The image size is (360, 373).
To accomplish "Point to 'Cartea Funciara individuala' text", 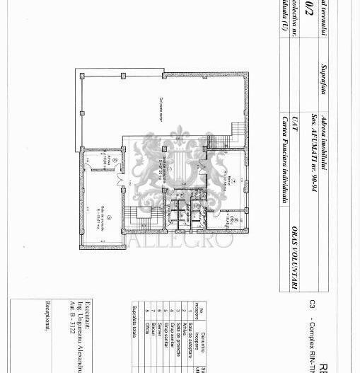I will [285, 160].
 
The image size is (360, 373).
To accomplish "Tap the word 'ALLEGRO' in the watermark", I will [180, 239].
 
